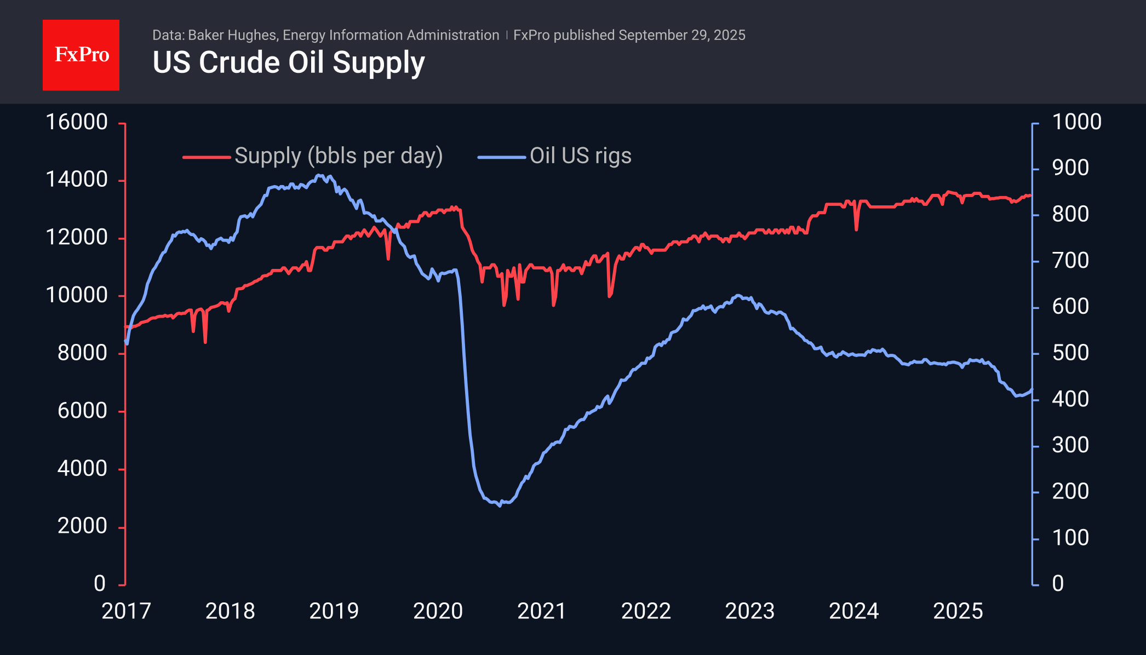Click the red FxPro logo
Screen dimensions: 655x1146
81,55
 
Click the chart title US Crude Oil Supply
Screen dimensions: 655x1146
289,62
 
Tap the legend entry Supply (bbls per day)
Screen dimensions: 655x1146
338,156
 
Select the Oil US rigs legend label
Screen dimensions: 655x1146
580,156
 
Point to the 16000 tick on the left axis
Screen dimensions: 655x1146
77,122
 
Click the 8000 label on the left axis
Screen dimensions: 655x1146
82,353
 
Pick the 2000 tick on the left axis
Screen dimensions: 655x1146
82,526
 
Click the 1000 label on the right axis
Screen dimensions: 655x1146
1076,122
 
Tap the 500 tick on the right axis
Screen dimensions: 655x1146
1070,353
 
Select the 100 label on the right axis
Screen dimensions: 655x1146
1070,538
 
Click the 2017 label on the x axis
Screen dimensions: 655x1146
126,611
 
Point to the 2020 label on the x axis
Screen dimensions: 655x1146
438,611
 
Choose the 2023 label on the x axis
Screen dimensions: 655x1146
749,611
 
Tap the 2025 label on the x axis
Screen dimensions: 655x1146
958,611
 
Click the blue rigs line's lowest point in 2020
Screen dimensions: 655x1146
500,505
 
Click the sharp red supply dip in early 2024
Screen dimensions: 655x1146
856,229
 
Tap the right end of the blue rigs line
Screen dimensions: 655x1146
1032,390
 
